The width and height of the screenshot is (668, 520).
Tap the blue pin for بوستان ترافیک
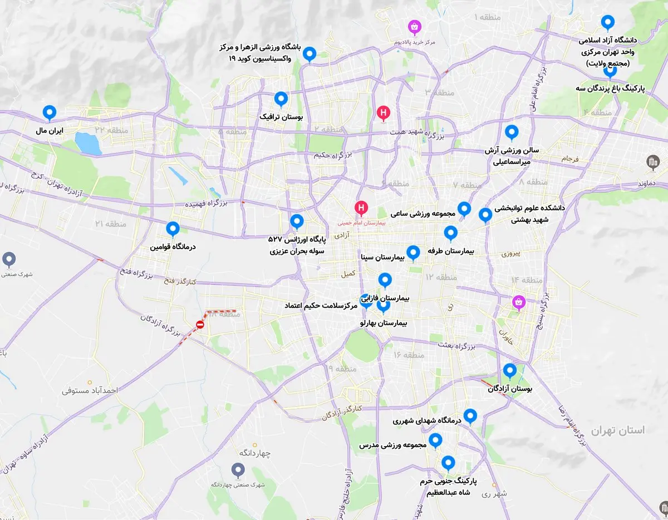(x=281, y=99)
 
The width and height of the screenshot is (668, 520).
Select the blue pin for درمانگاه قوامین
(x=173, y=229)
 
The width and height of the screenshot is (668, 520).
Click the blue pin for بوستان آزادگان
(x=509, y=370)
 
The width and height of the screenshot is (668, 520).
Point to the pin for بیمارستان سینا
(x=413, y=252)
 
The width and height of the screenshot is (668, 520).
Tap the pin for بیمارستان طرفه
(x=450, y=232)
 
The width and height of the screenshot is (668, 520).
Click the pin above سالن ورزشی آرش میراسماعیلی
(x=511, y=132)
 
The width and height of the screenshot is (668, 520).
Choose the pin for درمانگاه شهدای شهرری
(x=470, y=415)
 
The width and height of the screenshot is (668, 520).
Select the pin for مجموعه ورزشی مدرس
(x=435, y=440)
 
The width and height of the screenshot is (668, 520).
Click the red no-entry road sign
(x=200, y=325)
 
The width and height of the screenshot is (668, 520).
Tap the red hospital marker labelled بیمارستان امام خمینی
(x=361, y=209)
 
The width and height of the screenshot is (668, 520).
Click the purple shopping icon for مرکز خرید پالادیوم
(x=414, y=26)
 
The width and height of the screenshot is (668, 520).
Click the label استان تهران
(x=617, y=430)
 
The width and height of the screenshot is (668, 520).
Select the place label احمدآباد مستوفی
(x=90, y=390)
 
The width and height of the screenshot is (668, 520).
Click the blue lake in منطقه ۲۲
(x=89, y=143)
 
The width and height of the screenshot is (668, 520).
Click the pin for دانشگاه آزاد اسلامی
(x=608, y=22)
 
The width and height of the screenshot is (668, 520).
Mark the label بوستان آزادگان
(x=510, y=389)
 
